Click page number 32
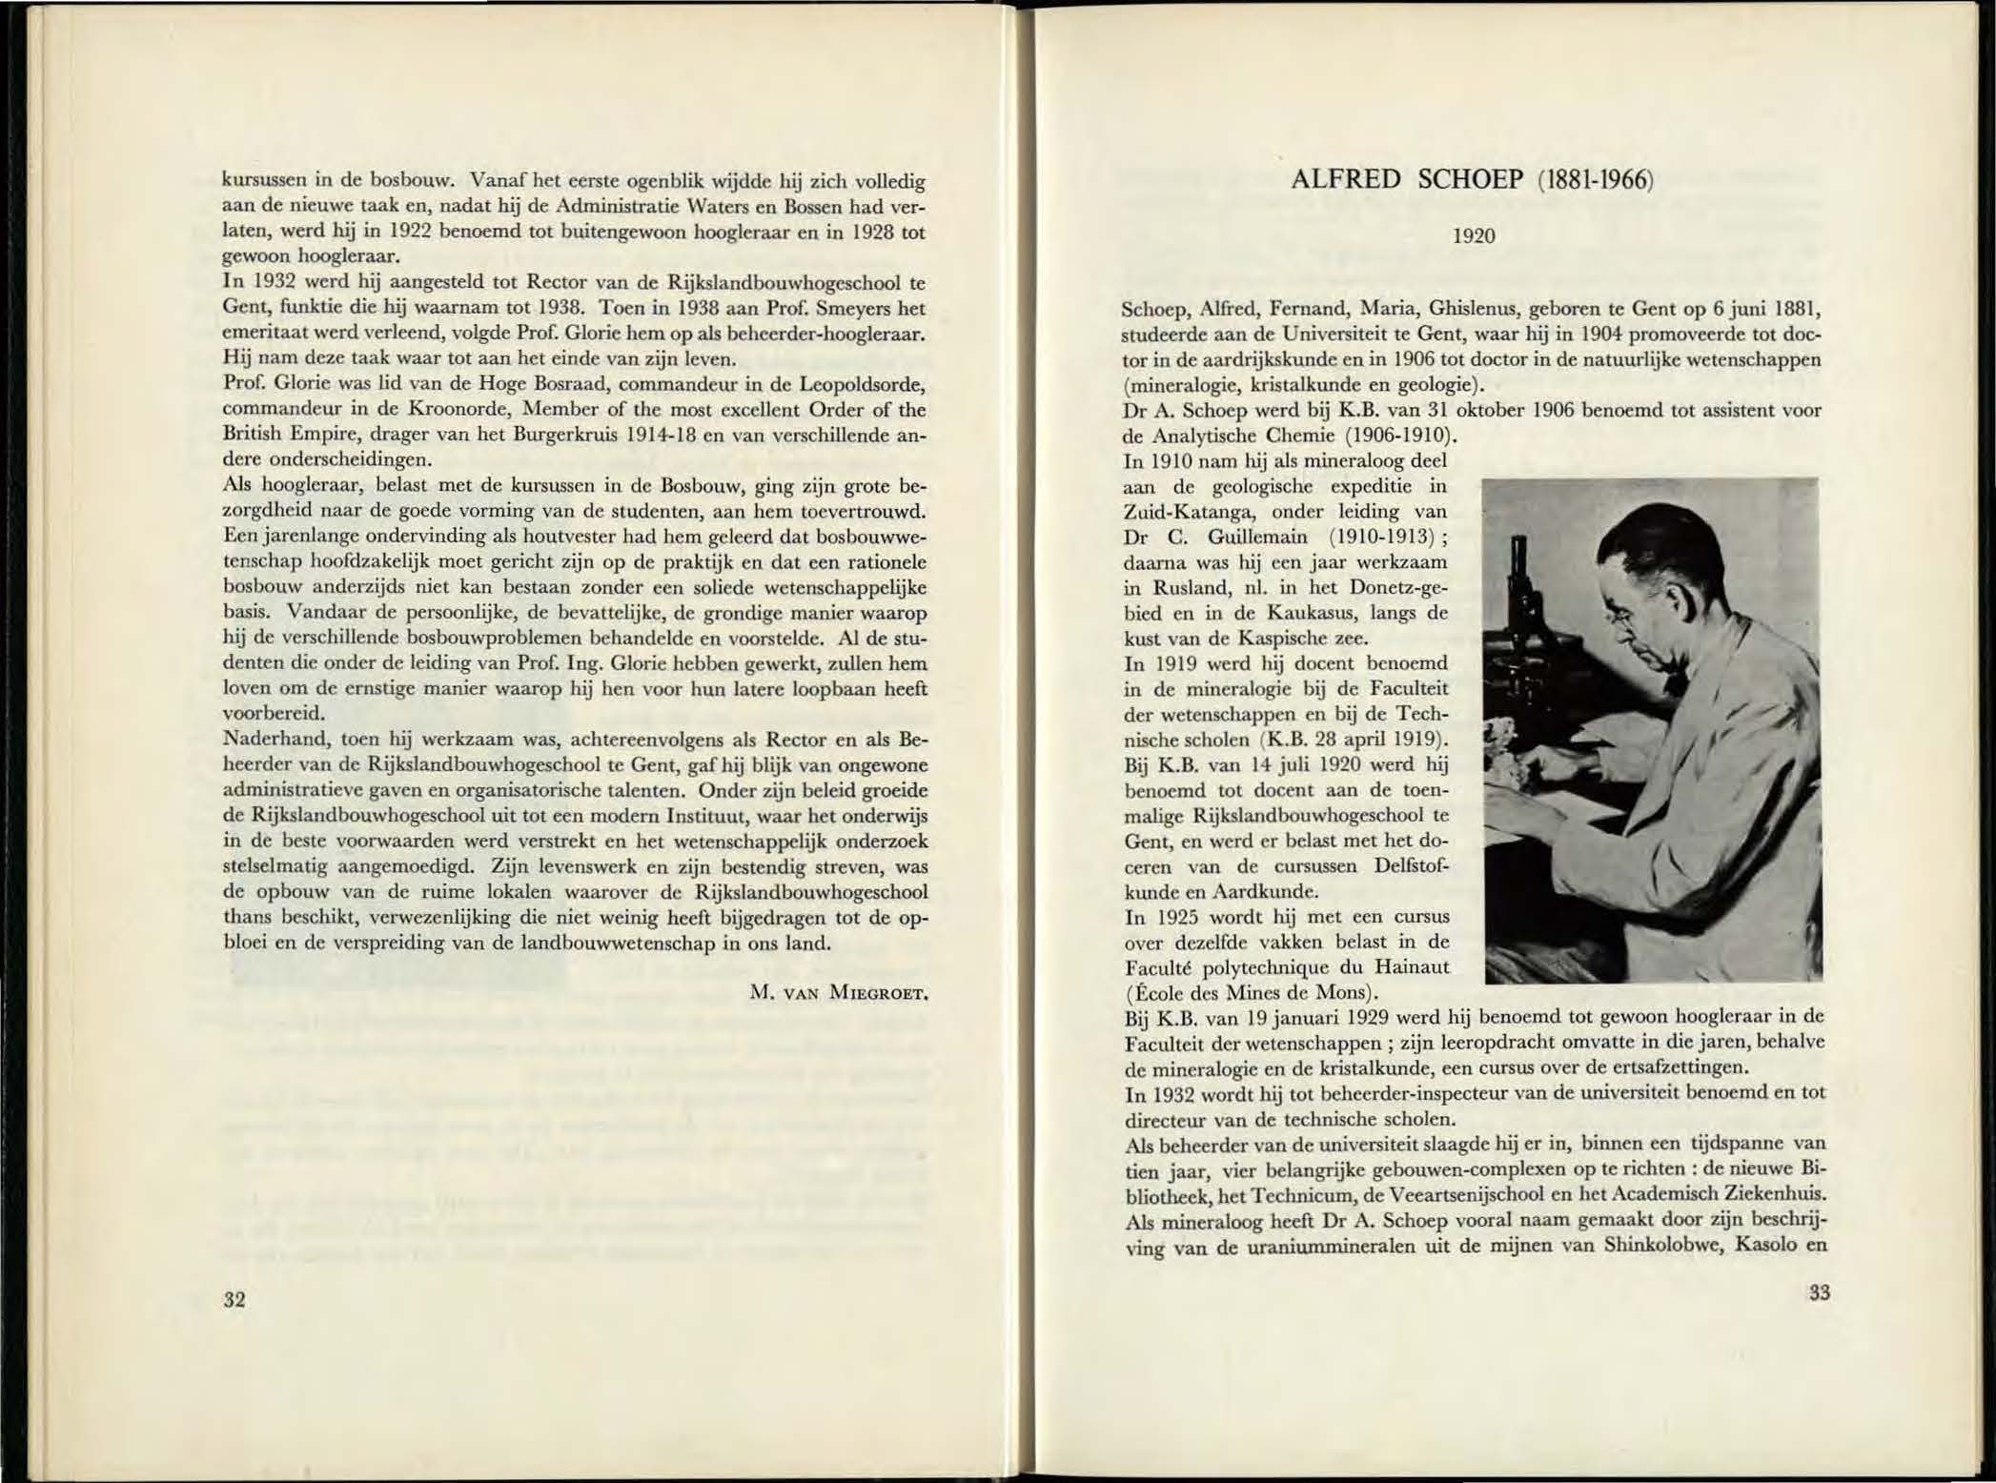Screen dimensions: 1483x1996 pos(234,1299)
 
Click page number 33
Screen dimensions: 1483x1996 pos(1819,1293)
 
